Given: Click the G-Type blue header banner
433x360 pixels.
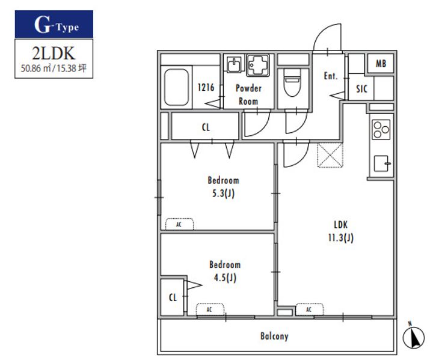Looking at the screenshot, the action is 54,24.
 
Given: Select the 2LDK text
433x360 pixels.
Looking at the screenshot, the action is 54,53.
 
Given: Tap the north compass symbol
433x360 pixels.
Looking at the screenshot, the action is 413,335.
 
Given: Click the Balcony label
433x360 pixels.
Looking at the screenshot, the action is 274,336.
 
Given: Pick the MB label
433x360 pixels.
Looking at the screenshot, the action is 381,64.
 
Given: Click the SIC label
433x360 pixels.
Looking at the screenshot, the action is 361,89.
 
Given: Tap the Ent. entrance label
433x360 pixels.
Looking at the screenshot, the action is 331,76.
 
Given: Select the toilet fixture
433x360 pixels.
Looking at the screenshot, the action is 292,82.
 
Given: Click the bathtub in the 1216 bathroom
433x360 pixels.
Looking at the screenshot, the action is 176,87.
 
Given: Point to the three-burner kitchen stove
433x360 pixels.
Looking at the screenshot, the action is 381,129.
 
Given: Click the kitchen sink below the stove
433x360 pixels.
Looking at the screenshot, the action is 382,163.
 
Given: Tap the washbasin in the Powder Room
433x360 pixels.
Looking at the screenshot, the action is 234,64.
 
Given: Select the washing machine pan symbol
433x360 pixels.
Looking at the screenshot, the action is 258,65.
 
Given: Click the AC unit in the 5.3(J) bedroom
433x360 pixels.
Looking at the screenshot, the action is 179,224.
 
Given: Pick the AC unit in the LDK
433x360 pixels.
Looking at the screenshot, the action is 309,309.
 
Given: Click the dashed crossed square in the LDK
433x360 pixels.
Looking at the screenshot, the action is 330,155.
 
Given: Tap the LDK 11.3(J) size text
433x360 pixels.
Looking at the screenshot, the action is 341,238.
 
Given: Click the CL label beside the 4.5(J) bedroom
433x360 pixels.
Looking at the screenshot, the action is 173,297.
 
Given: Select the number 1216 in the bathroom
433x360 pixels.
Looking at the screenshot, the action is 206,87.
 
